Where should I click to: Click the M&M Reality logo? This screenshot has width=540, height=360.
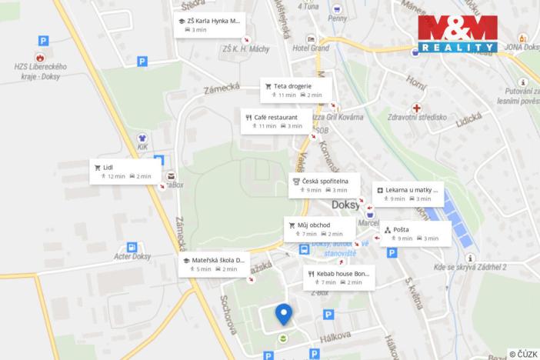(x=458, y=34)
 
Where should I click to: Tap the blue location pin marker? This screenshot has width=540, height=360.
(x=284, y=314)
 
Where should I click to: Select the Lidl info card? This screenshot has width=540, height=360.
(x=124, y=171)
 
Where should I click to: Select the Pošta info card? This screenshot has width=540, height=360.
(x=414, y=234)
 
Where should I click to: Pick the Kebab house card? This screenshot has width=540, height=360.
(x=338, y=278)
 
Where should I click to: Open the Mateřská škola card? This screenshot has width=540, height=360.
(x=213, y=264)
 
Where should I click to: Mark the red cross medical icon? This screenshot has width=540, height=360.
(x=417, y=109)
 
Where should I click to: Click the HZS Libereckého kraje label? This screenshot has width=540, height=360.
(x=40, y=71)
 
